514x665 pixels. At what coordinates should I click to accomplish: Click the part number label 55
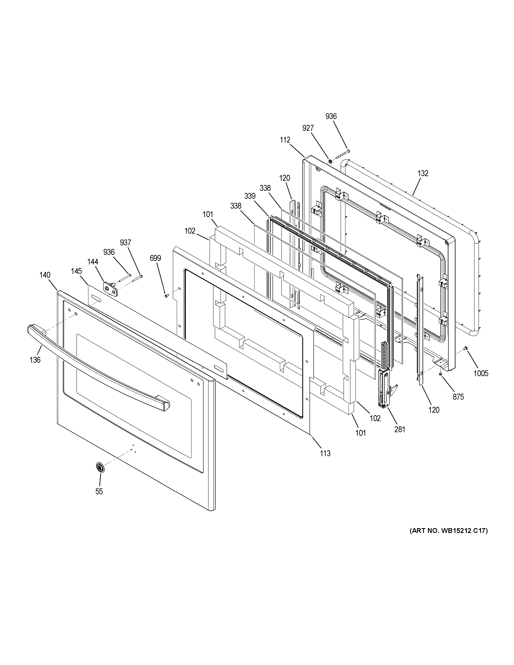point(99,491)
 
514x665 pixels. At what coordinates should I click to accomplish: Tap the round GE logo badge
point(100,467)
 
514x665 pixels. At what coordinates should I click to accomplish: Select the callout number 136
point(35,360)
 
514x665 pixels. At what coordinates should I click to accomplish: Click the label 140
point(45,275)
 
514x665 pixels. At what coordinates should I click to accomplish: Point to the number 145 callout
point(77,271)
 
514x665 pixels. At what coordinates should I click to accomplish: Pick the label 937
point(125,243)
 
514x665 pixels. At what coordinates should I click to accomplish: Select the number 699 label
point(155,258)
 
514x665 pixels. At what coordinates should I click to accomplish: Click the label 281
point(400,430)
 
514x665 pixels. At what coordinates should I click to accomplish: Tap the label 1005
point(481,373)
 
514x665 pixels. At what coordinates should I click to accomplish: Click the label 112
point(285,140)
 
